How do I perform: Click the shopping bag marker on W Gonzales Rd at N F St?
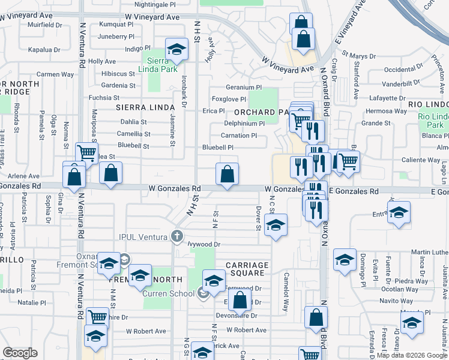[x=227, y=175]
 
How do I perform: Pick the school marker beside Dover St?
[x=276, y=225]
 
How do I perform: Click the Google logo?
[x=20, y=353]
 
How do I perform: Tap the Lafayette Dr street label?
[x=387, y=98]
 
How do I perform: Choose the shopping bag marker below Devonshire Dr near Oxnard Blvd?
[x=315, y=318]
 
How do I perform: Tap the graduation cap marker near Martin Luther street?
[x=345, y=260]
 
